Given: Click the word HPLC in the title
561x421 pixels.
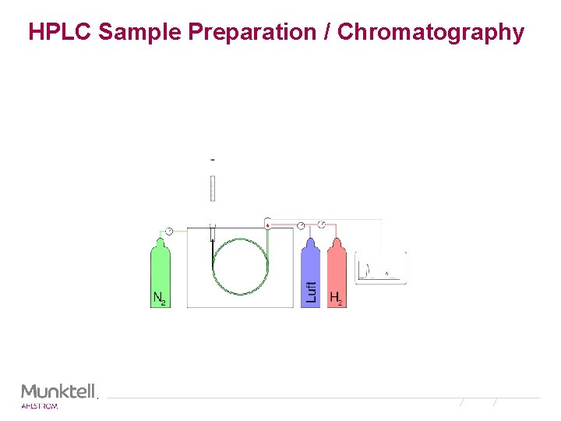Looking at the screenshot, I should (60, 32).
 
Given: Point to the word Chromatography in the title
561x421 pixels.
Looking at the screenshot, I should (431, 32).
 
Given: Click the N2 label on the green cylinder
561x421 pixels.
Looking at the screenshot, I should (159, 298).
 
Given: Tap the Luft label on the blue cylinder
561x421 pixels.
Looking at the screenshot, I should (312, 291).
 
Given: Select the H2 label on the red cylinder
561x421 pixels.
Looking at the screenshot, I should (336, 298).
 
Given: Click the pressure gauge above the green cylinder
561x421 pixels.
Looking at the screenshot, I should (168, 231).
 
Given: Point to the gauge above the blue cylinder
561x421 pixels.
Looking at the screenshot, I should (302, 226).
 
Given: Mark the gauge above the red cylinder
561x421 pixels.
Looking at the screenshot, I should (322, 225).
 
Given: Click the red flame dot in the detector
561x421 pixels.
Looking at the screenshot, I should (267, 225).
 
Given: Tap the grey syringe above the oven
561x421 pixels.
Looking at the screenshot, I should (212, 189).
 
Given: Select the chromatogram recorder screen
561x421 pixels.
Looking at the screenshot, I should (381, 267).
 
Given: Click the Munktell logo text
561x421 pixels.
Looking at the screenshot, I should (58, 391).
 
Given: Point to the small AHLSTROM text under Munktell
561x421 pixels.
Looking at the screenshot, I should (39, 406).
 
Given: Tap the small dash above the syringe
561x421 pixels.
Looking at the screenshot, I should (213, 160).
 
